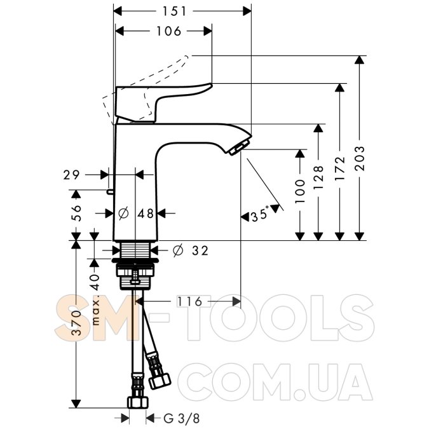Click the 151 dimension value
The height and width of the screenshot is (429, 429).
pyautogui.click(x=174, y=11)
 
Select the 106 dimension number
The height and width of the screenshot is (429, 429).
pyautogui.click(x=168, y=31)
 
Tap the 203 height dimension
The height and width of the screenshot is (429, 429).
pyautogui.click(x=360, y=159)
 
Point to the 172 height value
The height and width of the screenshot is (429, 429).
pyautogui.click(x=340, y=168)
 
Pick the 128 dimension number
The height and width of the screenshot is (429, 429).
pyautogui.click(x=318, y=177)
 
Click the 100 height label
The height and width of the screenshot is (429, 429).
pyautogui.click(x=300, y=191)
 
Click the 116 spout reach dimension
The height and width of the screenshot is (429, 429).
pyautogui.click(x=189, y=301)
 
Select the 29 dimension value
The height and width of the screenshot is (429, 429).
pyautogui.click(x=71, y=175)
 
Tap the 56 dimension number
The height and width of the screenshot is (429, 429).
pyautogui.click(x=76, y=213)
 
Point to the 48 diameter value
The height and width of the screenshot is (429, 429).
pyautogui.click(x=146, y=214)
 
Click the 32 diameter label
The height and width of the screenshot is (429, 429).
pyautogui.click(x=200, y=250)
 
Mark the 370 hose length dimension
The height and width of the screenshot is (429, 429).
pyautogui.click(x=76, y=323)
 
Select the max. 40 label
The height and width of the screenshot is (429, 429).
pyautogui.click(x=95, y=299)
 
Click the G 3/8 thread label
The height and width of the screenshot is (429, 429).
pyautogui.click(x=181, y=418)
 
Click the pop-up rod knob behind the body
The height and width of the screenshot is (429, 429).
pyautogui.click(x=110, y=191)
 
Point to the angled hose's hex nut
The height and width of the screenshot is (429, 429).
pyautogui.click(x=160, y=380)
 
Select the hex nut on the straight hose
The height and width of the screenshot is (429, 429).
pyautogui.click(x=138, y=402)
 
